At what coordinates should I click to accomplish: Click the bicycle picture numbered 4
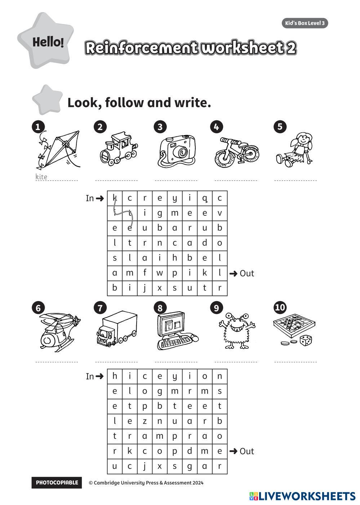(x=236, y=152)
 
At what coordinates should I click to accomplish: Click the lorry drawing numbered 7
(x=117, y=330)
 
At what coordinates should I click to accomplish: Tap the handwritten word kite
(x=41, y=176)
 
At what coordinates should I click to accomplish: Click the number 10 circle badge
(x=280, y=308)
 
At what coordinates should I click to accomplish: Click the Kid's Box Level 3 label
(x=305, y=23)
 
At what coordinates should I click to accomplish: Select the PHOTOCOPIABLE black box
(x=57, y=483)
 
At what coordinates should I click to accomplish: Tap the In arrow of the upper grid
(x=100, y=198)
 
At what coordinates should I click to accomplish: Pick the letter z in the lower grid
(x=145, y=421)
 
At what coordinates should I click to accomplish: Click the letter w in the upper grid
(x=160, y=273)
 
